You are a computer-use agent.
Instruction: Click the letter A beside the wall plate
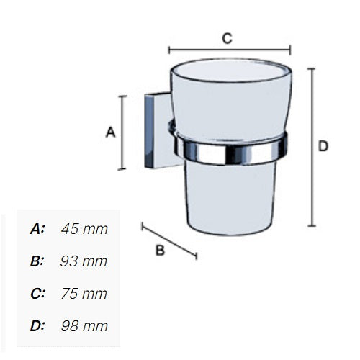pyautogui.click(x=111, y=132)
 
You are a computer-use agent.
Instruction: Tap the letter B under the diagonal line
pyautogui.click(x=161, y=250)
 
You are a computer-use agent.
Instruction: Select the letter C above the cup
pyautogui.click(x=227, y=39)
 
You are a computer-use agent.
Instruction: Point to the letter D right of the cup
pyautogui.click(x=323, y=146)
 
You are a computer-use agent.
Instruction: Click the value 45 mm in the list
pyautogui.click(x=84, y=229)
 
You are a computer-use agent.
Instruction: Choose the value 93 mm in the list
pyautogui.click(x=84, y=261)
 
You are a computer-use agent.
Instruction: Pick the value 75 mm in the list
pyautogui.click(x=84, y=294)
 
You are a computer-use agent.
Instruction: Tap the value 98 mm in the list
pyautogui.click(x=84, y=326)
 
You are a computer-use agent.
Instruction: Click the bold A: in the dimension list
pyautogui.click(x=37, y=229)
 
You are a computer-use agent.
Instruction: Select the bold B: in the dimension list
pyautogui.click(x=37, y=261)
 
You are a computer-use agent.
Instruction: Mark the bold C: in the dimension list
pyautogui.click(x=37, y=294)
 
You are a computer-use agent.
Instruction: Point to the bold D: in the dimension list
pyautogui.click(x=37, y=326)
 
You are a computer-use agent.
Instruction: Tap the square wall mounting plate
pyautogui.click(x=153, y=133)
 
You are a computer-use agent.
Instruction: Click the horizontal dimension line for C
pyautogui.click(x=229, y=50)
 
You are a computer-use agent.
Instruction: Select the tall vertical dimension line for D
pyautogui.click(x=312, y=147)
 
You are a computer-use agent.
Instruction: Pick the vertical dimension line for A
pyautogui.click(x=123, y=132)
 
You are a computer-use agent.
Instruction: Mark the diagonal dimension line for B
pyautogui.click(x=169, y=240)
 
